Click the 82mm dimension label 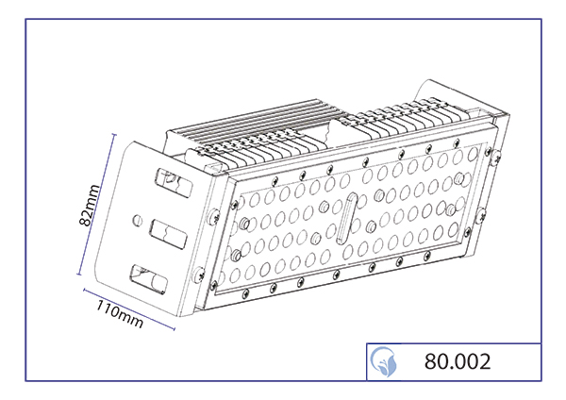(89, 205)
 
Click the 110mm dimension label (120, 314)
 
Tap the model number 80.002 (458, 361)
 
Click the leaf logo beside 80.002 (384, 361)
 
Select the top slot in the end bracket (174, 182)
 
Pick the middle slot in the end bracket (168, 234)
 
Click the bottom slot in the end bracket (149, 279)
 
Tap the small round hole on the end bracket (137, 220)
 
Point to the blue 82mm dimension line (96, 205)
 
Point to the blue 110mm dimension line (129, 309)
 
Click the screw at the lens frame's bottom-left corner (214, 285)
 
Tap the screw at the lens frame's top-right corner (488, 151)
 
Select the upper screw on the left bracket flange (213, 216)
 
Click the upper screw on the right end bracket (496, 157)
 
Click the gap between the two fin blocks (331, 134)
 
